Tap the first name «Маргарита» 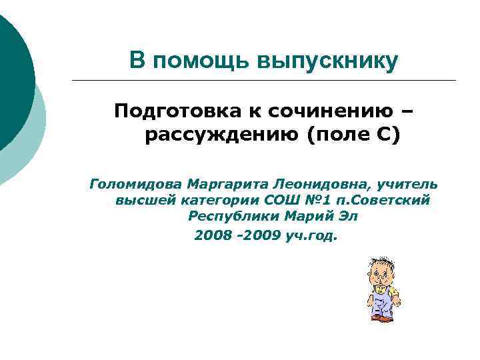[x=226, y=183]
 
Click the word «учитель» [x=408, y=183]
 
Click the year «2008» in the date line [x=213, y=235]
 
